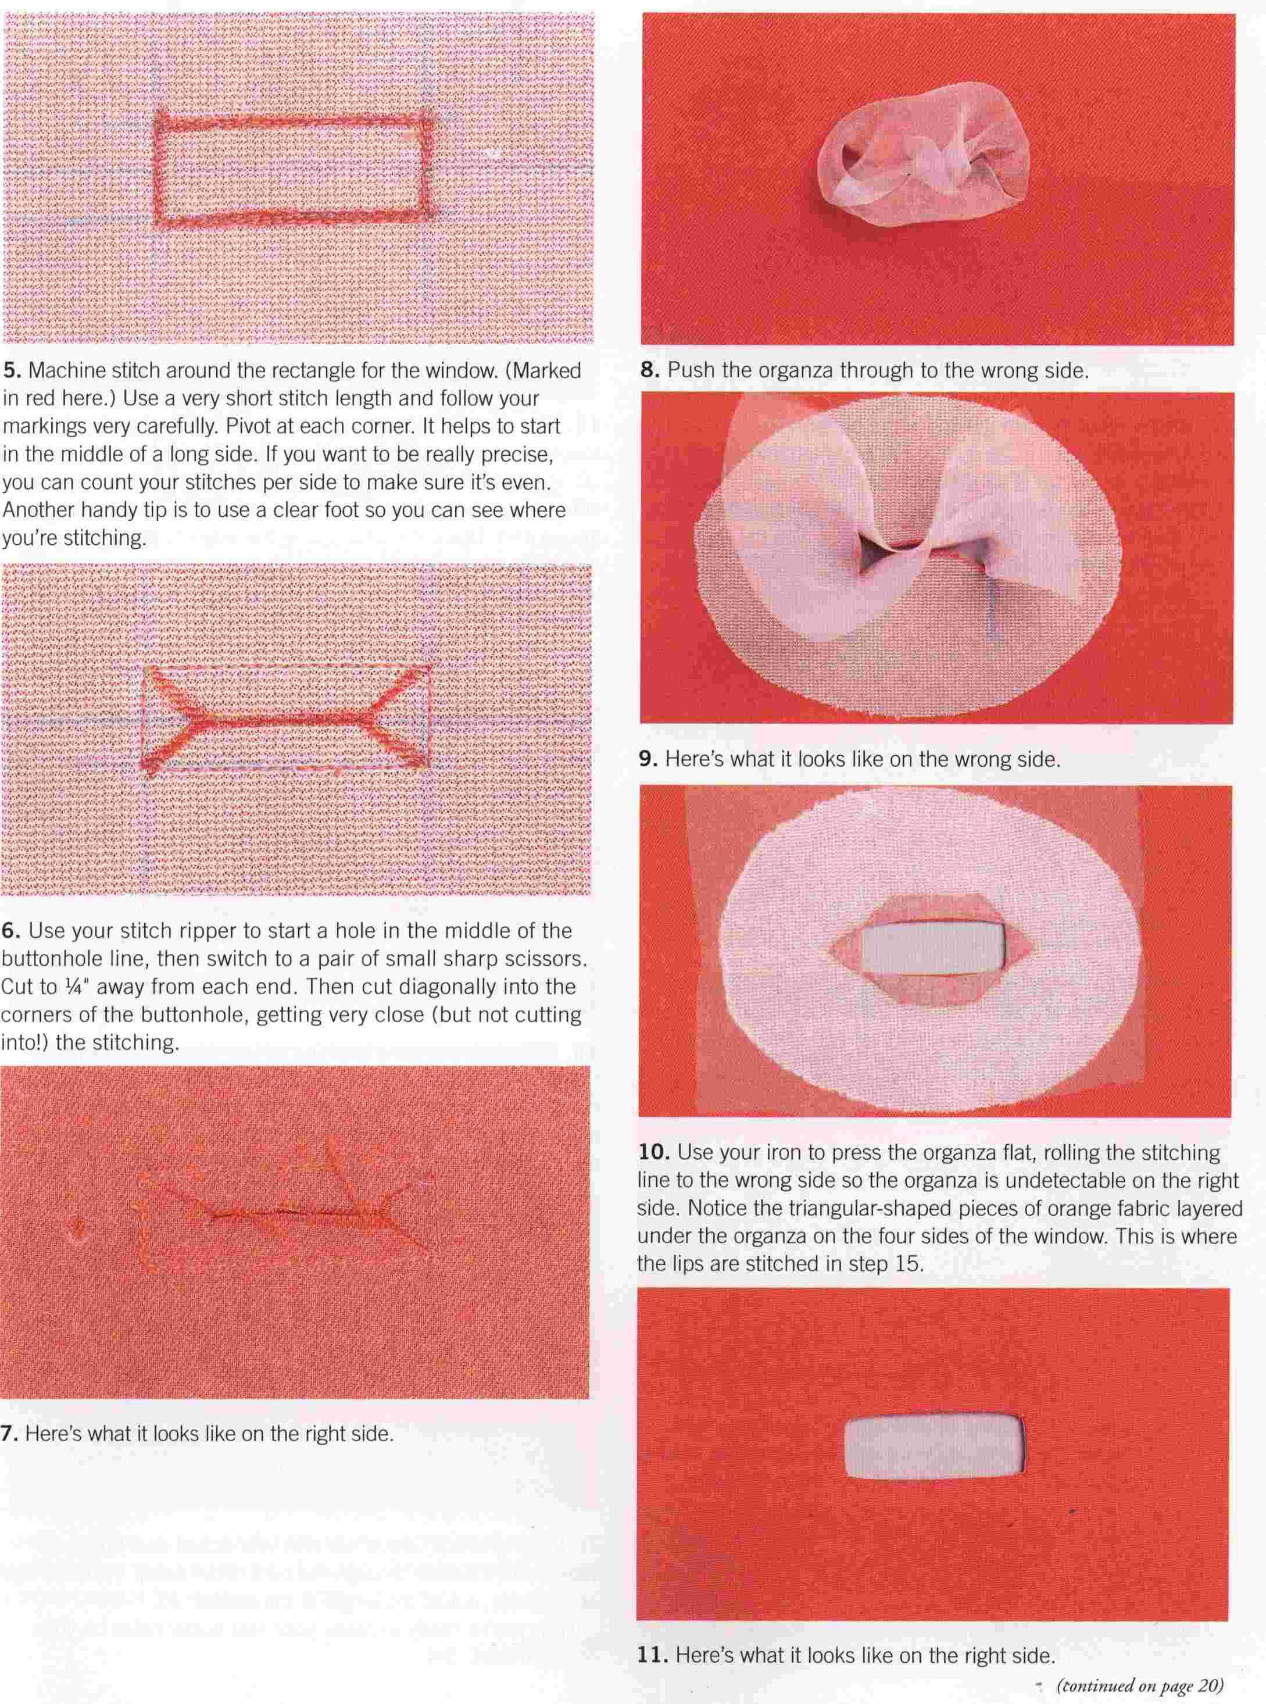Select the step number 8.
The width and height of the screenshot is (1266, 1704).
click(x=650, y=371)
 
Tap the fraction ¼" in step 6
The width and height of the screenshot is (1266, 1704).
click(x=83, y=987)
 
